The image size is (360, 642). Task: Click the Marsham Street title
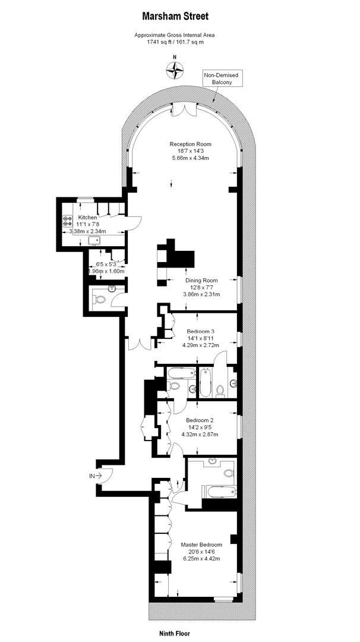pos(175,17)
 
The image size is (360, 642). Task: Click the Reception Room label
pos(190,144)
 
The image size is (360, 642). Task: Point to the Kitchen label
pos(88,218)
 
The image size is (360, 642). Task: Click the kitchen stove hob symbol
pos(67,221)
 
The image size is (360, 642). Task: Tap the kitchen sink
pos(95,240)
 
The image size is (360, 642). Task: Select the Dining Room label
pos(201,281)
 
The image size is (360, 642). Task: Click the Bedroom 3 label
pos(200,331)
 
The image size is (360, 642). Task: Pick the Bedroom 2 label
pos(200,420)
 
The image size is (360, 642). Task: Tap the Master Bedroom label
pos(201,545)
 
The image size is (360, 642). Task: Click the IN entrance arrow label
pos(95,476)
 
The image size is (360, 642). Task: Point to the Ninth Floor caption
pos(175,634)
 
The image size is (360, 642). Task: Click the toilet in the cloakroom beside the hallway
pos(99,300)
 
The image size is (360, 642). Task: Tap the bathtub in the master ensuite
pos(220,492)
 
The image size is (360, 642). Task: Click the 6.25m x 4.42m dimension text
pos(201,558)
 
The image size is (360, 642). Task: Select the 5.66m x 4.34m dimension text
pos(190,158)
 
